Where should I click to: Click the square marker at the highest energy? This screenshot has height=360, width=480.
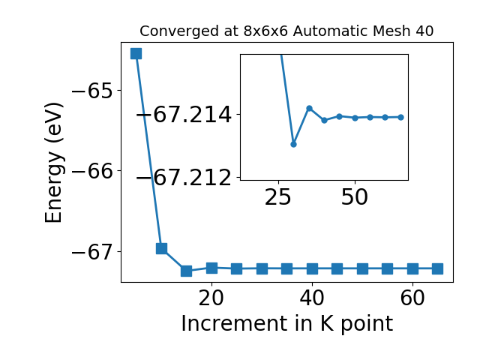(136, 53)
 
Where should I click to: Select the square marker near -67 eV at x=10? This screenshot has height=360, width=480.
(161, 248)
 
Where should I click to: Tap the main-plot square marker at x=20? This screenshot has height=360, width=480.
(211, 268)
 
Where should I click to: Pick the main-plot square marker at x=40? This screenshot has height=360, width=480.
(312, 269)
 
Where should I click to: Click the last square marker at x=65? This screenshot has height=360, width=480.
(438, 269)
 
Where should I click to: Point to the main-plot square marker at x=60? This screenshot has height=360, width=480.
(412, 269)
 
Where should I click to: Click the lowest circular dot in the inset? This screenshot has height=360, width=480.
(293, 144)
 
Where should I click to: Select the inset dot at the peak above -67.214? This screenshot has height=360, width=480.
(309, 108)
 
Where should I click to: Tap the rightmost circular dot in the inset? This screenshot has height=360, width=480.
(400, 117)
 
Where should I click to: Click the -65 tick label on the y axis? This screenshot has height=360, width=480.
(92, 91)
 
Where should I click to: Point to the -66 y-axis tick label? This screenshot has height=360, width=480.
(92, 172)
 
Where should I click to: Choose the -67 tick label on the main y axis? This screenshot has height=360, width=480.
(92, 252)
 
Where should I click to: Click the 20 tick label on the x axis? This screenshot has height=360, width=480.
(211, 298)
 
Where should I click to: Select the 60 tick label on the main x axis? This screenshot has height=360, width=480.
(412, 298)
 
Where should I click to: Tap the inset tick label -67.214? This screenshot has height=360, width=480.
(184, 115)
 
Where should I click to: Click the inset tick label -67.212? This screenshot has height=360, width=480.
(184, 178)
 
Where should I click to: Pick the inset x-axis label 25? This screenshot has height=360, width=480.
(278, 196)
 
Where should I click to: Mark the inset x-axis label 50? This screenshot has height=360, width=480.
(355, 196)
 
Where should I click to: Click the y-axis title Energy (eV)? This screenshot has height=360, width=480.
(54, 163)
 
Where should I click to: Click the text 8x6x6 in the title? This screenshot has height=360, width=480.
(265, 31)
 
